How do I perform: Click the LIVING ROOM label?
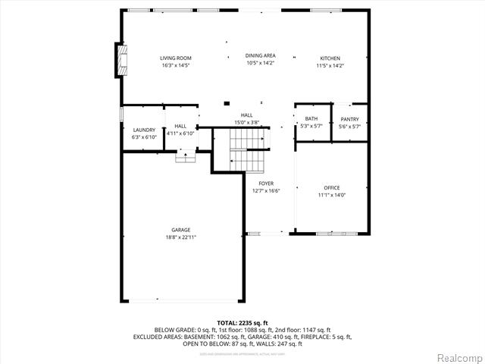tap(175, 58)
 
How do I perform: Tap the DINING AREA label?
tap(260, 55)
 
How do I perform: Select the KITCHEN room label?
tap(330, 58)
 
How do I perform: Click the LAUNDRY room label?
tap(144, 130)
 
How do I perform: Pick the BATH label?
tap(311, 119)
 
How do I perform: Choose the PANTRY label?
tap(349, 119)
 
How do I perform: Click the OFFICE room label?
tap(332, 187)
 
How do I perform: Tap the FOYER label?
tap(266, 184)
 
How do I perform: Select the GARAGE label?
tap(180, 230)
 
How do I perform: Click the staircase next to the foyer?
tap(249, 149)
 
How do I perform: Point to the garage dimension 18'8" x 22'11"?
tap(180, 237)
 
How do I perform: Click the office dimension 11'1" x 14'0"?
tap(332, 195)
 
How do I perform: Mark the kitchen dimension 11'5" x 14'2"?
tap(330, 66)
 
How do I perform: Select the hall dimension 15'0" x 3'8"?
tap(247, 122)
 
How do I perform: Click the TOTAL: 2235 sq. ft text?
tap(242, 322)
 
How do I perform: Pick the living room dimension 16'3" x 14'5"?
tap(175, 66)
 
